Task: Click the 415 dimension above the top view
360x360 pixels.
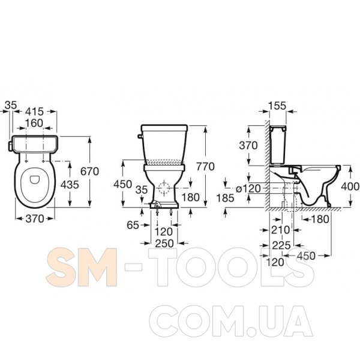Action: (34, 112)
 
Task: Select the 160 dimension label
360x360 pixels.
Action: (34, 123)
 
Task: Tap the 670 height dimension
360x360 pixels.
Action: (89, 172)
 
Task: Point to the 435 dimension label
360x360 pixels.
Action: (70, 185)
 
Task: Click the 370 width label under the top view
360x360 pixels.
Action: (35, 219)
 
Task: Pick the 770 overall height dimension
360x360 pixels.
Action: (205, 167)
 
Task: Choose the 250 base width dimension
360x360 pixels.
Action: (164, 244)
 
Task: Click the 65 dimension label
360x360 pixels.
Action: (133, 225)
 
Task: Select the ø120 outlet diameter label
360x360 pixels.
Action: (248, 189)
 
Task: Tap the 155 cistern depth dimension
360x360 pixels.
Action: (277, 106)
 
